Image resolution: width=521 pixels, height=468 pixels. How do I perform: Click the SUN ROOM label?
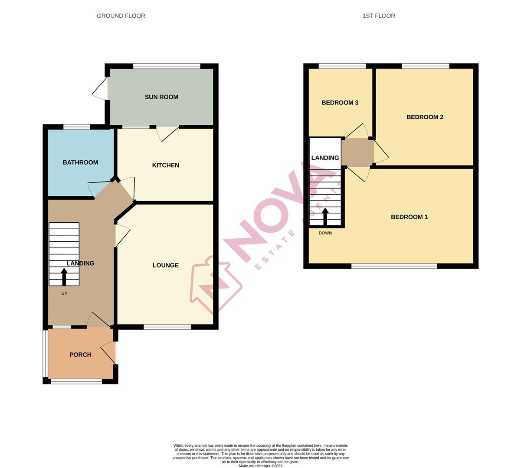click(161, 97)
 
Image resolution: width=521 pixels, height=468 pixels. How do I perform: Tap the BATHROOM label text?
click(80, 162)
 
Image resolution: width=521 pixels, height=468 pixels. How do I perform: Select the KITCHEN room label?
click(165, 165)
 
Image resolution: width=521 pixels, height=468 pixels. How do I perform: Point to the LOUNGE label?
click(165, 265)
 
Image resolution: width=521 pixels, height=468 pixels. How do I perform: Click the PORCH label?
click(80, 354)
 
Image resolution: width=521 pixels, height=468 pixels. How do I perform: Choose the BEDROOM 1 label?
click(409, 217)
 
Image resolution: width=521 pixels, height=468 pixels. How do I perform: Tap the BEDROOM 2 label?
click(425, 117)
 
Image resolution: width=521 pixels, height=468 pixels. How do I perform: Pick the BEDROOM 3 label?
click(340, 103)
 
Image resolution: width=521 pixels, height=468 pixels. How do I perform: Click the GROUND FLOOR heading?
click(121, 16)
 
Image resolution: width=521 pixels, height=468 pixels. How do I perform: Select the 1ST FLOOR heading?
click(379, 16)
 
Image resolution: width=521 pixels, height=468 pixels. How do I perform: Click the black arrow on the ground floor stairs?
click(64, 277)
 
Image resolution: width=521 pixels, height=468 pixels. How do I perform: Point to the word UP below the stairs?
click(64, 293)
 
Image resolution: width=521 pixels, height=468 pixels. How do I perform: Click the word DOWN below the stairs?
click(325, 233)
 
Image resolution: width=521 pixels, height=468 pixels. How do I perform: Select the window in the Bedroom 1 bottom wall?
click(394, 266)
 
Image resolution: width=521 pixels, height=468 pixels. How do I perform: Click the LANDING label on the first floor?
click(325, 158)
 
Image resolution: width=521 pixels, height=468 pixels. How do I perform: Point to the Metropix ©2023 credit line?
click(260, 466)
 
